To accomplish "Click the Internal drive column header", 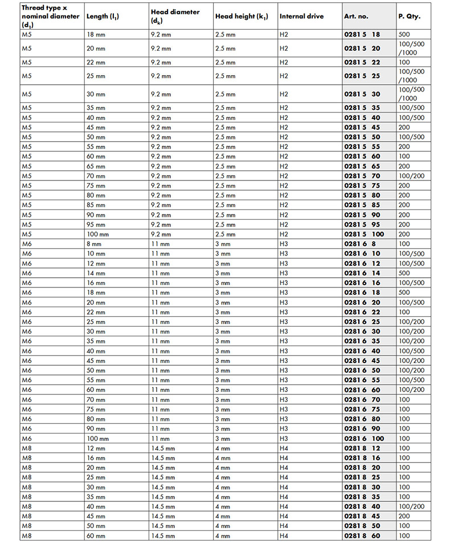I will click(301, 17).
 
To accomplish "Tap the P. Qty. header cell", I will click(410, 17).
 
